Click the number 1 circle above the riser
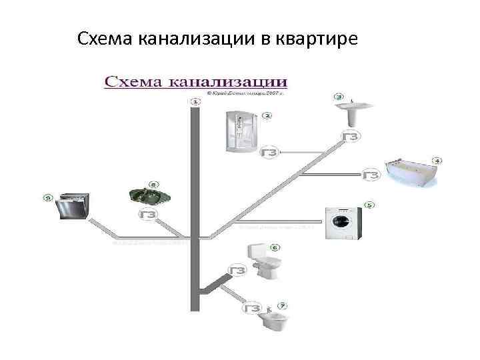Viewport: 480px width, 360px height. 195,101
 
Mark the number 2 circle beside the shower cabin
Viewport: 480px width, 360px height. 267,115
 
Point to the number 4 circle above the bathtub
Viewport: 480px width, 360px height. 437,161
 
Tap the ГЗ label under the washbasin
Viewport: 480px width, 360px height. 351,136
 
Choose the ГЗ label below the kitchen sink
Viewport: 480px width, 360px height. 148,215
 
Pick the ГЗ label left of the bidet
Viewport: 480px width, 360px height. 253,309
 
